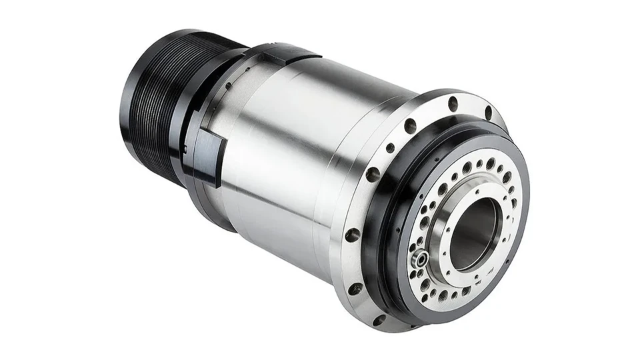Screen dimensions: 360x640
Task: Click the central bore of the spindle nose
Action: (474, 233)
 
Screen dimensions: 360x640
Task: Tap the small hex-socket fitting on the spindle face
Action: (418, 259)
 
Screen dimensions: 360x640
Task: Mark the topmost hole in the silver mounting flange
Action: (453, 104)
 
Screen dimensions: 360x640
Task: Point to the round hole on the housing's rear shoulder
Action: (229, 85)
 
